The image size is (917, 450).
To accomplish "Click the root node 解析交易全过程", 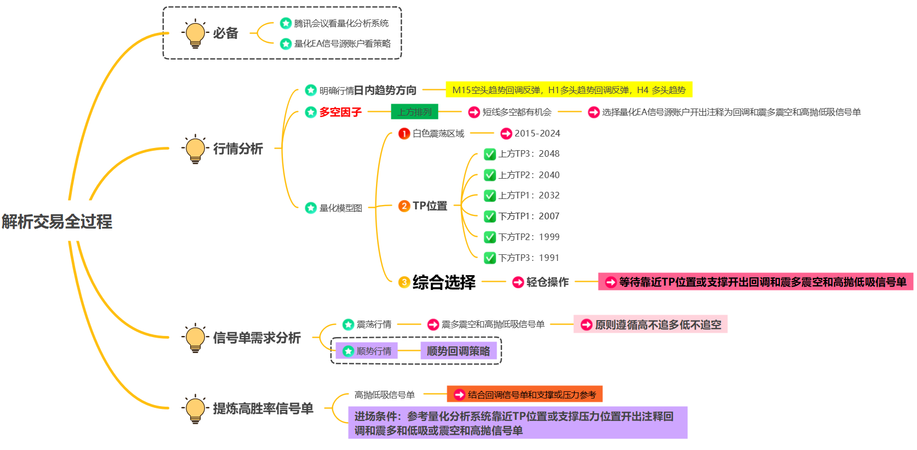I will (x=57, y=221).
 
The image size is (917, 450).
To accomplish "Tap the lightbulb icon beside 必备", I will (x=195, y=33).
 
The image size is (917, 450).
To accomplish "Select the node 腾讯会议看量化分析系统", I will (x=341, y=24).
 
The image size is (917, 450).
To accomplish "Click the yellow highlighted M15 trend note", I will (x=568, y=90).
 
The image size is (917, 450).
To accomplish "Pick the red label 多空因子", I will (x=340, y=112).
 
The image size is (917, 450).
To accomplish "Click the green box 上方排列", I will (x=414, y=112).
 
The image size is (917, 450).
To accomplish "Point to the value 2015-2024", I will (x=537, y=134).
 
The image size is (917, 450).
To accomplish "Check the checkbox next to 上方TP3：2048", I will (x=489, y=155).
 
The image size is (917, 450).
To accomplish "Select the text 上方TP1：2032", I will (x=529, y=196).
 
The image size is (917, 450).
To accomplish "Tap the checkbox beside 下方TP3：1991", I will (x=489, y=258).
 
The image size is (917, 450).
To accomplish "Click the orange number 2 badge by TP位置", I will (x=404, y=206).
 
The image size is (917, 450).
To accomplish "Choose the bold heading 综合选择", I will (x=444, y=282).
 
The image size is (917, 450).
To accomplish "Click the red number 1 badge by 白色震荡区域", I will (x=404, y=134).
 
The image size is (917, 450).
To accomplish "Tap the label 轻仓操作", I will (x=547, y=282).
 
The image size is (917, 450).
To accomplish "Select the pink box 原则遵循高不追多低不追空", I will (x=651, y=324).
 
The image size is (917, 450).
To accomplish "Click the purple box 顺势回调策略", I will (x=458, y=351).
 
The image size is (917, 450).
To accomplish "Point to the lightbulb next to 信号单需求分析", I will (x=195, y=338).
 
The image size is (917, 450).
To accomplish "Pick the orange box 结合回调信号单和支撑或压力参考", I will (x=525, y=395).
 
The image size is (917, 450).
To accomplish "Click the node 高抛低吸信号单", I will (x=384, y=395).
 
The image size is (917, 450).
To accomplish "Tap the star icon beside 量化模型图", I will (x=311, y=208).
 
